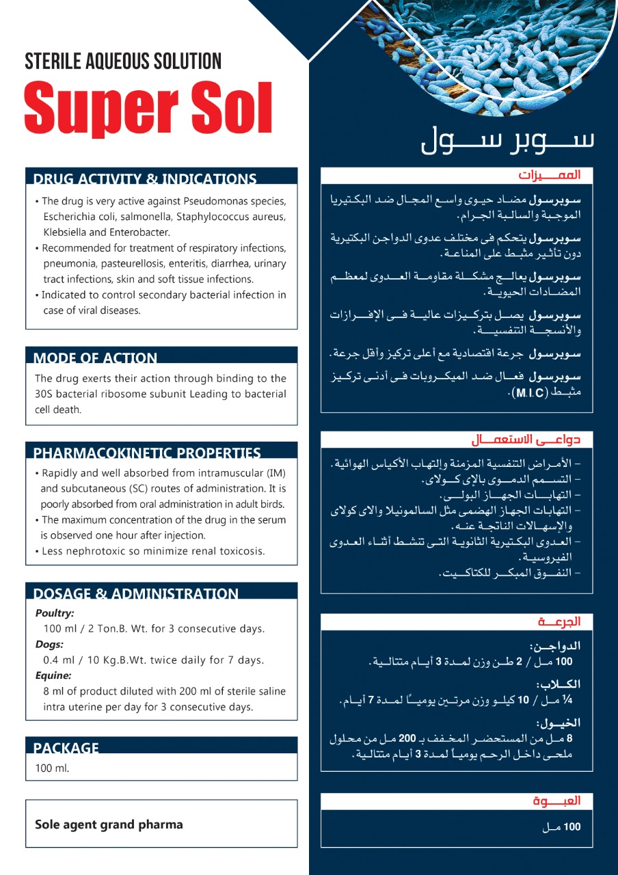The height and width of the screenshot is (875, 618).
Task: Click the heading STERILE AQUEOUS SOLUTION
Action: [123, 61]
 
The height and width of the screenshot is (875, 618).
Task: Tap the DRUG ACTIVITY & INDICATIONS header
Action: [145, 179]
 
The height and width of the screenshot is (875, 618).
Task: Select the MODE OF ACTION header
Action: [95, 358]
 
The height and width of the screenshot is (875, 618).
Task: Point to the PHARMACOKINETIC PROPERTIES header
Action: [147, 453]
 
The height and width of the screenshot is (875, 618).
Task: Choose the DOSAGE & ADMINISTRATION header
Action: [136, 593]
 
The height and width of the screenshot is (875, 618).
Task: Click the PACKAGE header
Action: [66, 748]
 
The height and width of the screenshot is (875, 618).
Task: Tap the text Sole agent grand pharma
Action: [109, 824]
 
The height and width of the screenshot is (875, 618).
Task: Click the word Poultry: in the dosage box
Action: [55, 613]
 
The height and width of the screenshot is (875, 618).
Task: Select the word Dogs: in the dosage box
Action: [49, 644]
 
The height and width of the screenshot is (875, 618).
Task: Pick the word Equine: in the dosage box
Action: [53, 675]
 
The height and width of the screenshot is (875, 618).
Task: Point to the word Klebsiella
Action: [65, 232]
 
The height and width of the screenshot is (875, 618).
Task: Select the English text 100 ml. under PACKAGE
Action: [52, 768]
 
